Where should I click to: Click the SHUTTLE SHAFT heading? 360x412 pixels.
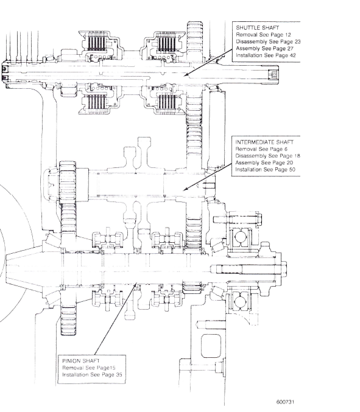257,27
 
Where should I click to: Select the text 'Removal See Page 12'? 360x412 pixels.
263,35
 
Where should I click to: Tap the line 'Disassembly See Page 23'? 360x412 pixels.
268,41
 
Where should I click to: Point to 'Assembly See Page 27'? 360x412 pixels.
264,48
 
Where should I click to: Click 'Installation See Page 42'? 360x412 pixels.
266,55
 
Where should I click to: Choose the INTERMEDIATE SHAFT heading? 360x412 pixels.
264,142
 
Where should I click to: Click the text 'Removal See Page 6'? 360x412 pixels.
261,149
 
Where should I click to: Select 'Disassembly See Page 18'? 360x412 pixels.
267,156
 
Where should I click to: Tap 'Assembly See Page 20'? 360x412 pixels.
264,162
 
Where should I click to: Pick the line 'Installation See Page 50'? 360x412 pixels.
266,169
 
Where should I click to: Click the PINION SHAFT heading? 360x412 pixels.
81,361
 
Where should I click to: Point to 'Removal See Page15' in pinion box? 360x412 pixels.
88,368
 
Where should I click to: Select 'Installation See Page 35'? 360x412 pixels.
92,374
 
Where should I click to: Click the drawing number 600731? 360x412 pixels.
285,402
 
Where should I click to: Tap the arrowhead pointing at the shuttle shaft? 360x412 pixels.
186,75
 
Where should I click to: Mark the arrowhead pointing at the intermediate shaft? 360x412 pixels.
185,189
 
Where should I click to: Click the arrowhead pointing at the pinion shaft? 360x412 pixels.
136,285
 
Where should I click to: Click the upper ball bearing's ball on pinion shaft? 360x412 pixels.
240,237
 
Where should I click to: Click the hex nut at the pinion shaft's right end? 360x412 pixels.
283,269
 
